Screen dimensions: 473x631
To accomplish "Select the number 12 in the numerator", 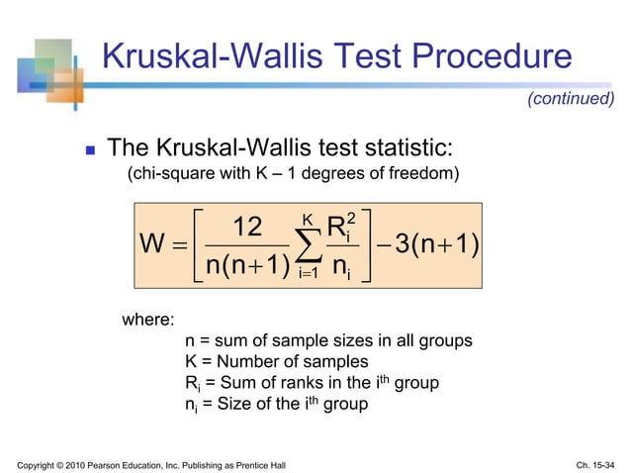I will click(241, 228).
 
